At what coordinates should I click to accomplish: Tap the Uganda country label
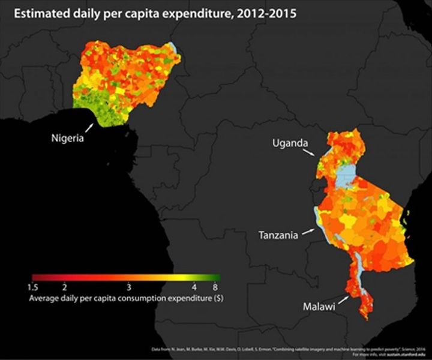(290, 143)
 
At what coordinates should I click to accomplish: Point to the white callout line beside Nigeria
(89, 128)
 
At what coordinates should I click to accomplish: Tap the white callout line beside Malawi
(344, 298)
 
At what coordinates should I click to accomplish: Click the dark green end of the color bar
(217, 278)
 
